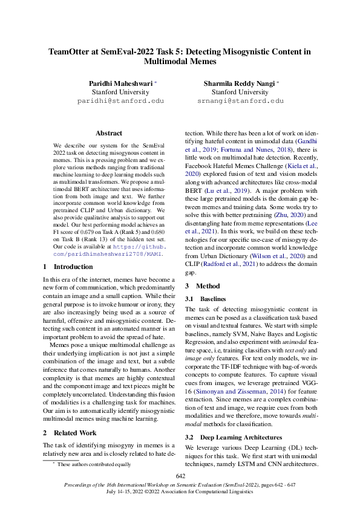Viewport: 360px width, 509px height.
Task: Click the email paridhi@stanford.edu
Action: pos(120,102)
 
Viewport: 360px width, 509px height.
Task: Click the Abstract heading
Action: pos(109,133)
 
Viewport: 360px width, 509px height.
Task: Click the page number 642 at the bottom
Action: pos(180,476)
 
